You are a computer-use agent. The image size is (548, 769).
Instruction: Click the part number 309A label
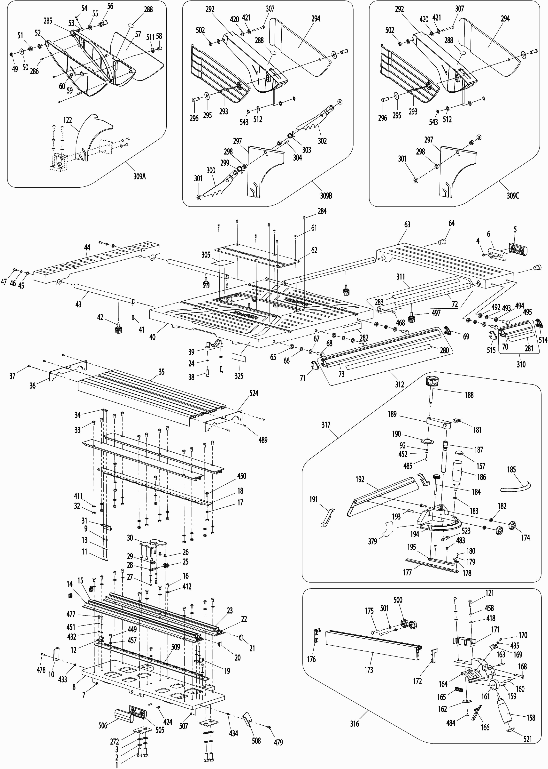pyautogui.click(x=139, y=176)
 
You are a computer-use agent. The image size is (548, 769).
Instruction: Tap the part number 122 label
pyautogui.click(x=68, y=120)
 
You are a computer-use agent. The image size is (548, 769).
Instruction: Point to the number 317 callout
pyautogui.click(x=326, y=425)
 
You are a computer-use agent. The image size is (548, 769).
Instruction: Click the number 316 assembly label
pyautogui.click(x=354, y=723)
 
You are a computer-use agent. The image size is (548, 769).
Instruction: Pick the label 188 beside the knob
pyautogui.click(x=469, y=395)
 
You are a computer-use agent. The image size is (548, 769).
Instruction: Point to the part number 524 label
pyautogui.click(x=254, y=393)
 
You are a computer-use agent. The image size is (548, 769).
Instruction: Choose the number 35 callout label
pyautogui.click(x=162, y=372)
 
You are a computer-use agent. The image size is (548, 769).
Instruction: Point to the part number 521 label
pyautogui.click(x=527, y=739)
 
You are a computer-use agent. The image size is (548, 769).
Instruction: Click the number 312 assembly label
pyautogui.click(x=400, y=384)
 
